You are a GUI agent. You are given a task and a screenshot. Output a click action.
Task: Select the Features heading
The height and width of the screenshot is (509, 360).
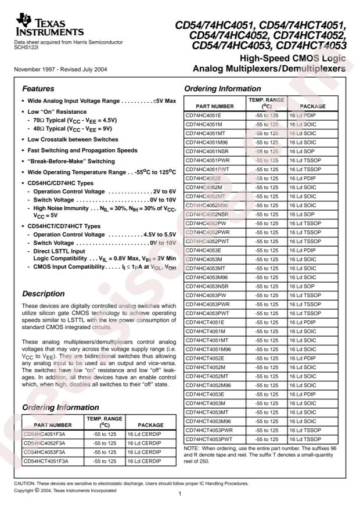point(38,89)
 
